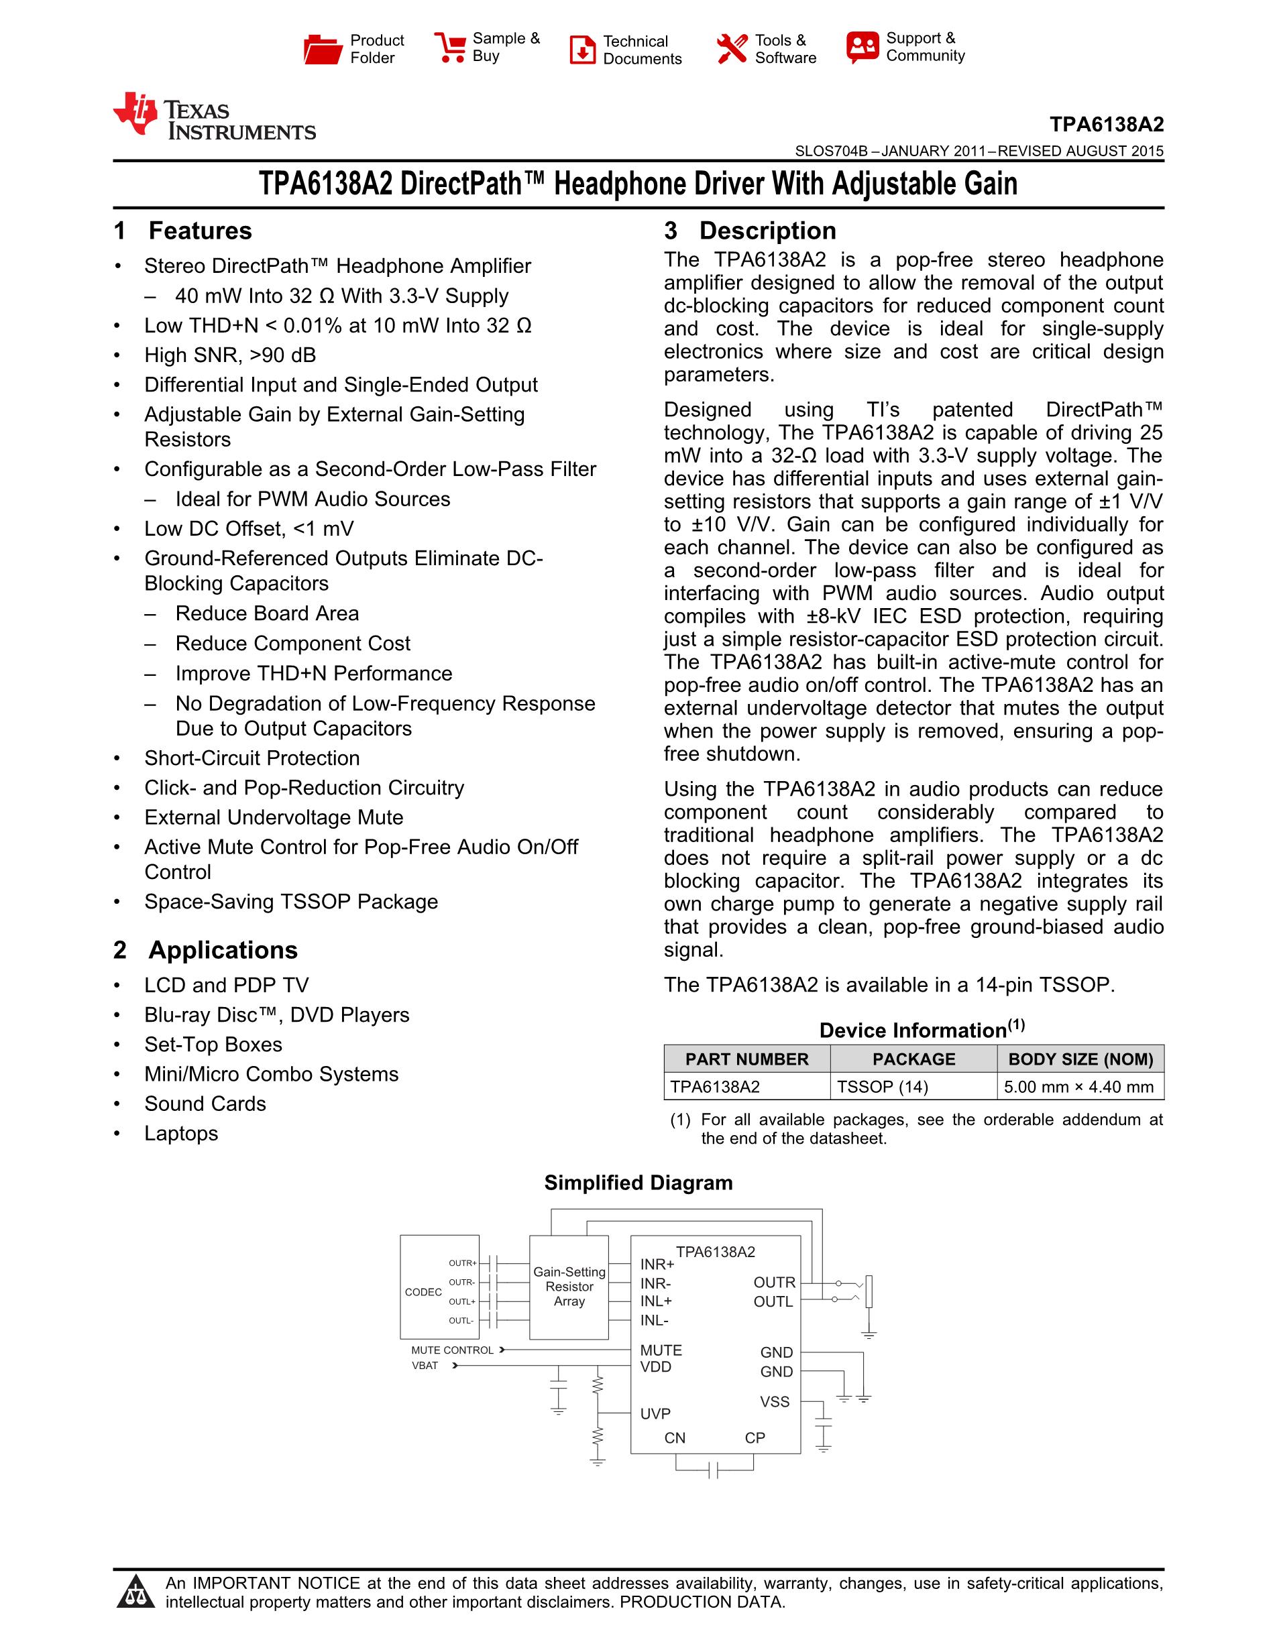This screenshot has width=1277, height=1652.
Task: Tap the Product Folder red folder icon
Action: tap(323, 49)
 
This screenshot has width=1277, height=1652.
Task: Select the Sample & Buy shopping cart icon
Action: tap(449, 47)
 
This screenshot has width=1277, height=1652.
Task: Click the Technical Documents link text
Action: tap(642, 50)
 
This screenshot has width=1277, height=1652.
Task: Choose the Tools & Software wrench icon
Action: tap(732, 49)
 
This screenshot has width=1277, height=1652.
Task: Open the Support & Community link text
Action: tap(924, 47)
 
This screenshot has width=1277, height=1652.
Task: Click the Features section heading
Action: tap(200, 231)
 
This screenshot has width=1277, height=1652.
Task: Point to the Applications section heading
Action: tap(223, 950)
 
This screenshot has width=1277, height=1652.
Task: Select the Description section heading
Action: tap(767, 231)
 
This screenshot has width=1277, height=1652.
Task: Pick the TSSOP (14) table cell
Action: tap(882, 1087)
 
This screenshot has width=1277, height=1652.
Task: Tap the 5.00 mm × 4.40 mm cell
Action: tap(1078, 1087)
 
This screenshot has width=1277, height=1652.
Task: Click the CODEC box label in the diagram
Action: tap(423, 1292)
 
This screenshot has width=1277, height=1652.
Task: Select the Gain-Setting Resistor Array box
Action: tap(569, 1287)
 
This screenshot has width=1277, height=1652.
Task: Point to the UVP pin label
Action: tap(655, 1414)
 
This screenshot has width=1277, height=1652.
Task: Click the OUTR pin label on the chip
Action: tap(774, 1282)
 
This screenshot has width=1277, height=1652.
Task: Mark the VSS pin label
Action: tap(775, 1402)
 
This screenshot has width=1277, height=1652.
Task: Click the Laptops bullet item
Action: tap(181, 1133)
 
